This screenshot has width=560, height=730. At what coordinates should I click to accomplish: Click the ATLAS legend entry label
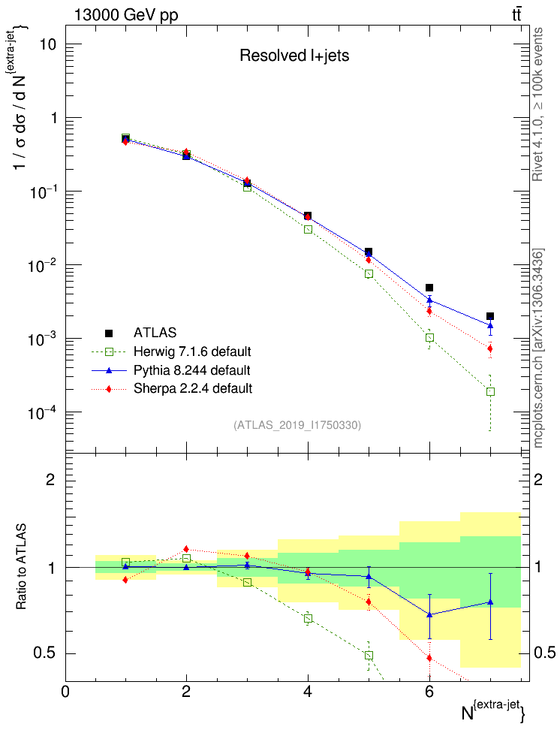click(155, 333)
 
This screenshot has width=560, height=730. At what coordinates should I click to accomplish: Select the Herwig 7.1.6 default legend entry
click(192, 351)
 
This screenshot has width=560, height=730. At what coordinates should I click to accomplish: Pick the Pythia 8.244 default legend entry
click(191, 370)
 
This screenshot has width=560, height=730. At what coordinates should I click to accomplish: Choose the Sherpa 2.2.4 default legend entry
click(192, 388)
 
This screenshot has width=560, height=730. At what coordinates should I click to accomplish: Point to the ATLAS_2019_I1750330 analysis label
click(298, 425)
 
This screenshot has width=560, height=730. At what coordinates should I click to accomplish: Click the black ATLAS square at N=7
click(490, 316)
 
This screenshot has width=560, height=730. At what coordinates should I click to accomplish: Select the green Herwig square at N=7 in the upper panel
click(490, 391)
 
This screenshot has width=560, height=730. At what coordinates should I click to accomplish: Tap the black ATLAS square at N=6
click(429, 288)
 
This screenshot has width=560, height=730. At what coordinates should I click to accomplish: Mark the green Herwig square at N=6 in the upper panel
click(429, 338)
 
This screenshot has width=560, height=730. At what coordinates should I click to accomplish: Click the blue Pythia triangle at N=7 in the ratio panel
click(490, 602)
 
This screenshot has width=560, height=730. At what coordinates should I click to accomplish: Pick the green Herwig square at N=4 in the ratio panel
click(308, 619)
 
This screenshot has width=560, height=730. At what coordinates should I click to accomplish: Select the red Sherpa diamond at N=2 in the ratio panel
click(186, 549)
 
